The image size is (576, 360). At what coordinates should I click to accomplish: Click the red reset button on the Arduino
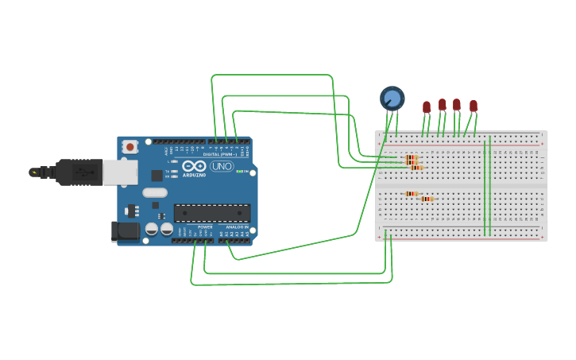[x=130, y=146]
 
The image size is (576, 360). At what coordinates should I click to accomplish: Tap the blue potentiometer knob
[x=392, y=98]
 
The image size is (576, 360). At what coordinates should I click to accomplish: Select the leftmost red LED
[x=427, y=106]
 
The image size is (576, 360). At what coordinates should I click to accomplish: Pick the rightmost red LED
[x=474, y=106]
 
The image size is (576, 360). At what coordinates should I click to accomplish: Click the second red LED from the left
[x=443, y=104]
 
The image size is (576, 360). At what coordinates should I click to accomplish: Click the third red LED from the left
[x=457, y=104]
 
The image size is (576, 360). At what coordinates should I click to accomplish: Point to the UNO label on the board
[x=222, y=166]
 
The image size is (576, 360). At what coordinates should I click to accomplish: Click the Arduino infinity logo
[x=194, y=166]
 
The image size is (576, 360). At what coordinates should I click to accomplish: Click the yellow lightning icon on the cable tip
[x=34, y=172]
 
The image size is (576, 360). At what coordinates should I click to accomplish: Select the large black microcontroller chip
[x=212, y=212]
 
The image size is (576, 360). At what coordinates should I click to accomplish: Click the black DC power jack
[x=125, y=231]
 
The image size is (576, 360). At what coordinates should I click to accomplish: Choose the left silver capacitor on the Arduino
[x=152, y=229]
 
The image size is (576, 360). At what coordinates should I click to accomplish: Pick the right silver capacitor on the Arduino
[x=167, y=229]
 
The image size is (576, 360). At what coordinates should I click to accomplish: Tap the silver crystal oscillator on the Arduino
[x=156, y=192]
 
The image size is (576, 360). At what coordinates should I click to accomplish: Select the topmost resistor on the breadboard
[x=412, y=157]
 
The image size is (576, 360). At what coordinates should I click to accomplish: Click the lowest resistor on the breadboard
[x=427, y=199]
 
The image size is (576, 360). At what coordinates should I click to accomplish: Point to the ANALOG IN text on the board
[x=236, y=227]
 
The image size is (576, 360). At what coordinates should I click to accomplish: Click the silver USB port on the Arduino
[x=120, y=172]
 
